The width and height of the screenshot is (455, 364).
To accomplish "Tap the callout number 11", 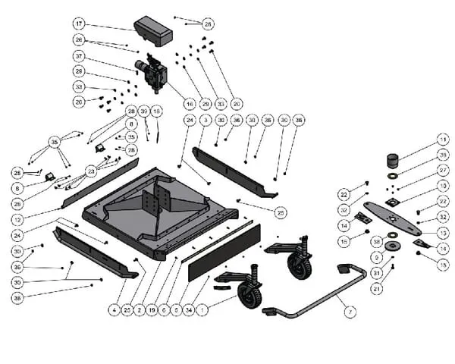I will pyautogui.click(x=442, y=140).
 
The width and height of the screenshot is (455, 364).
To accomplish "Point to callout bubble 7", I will pyautogui.click(x=350, y=312).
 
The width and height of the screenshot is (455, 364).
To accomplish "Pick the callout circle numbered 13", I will pyautogui.click(x=443, y=233).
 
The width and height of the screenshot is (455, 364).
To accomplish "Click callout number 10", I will pyautogui.click(x=442, y=185).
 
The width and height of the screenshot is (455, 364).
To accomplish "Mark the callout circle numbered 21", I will pyautogui.click(x=377, y=288).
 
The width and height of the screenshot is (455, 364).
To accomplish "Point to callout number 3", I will pyautogui.click(x=205, y=120).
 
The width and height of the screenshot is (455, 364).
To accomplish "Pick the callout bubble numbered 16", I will pyautogui.click(x=190, y=103).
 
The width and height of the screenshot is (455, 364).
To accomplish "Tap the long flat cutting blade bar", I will pyautogui.click(x=391, y=216).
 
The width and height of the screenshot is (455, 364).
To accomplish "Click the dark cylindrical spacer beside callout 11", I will pyautogui.click(x=393, y=161).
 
